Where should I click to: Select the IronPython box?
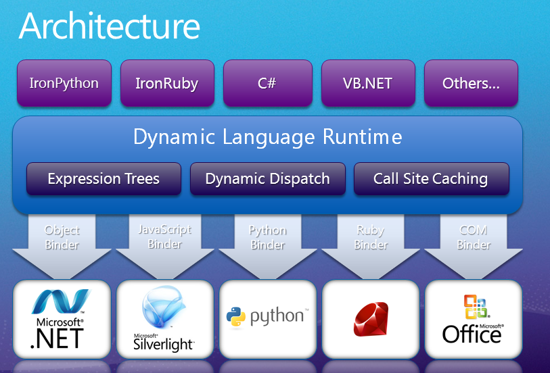point(64,84)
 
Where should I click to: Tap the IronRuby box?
point(166,84)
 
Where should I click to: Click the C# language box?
point(268,84)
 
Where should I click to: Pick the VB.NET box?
point(367,84)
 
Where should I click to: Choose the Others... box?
point(471,84)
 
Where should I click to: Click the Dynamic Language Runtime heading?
point(268,137)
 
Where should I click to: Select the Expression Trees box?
point(104,179)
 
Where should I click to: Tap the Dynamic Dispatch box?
point(267,179)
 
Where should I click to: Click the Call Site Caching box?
point(431,179)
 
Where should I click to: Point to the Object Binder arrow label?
point(62,237)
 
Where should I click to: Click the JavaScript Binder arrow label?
point(165,237)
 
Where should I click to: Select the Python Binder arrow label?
point(268,237)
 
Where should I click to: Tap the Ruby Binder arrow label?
point(371,237)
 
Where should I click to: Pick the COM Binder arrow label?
point(474,237)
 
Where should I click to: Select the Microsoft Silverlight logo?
point(164,319)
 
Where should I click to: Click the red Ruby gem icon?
point(371,318)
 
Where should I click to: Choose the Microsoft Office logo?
point(473,319)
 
